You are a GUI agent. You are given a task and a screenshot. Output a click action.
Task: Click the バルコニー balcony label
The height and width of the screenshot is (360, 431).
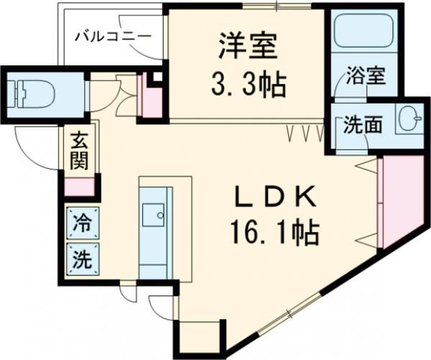[x=113, y=34]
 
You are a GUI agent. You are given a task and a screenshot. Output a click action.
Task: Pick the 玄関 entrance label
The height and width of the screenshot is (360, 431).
[x=78, y=149]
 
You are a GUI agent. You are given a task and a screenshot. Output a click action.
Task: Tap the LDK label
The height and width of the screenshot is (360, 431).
[x=274, y=195]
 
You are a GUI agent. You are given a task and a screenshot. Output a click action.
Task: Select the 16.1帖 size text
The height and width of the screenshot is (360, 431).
[x=274, y=231]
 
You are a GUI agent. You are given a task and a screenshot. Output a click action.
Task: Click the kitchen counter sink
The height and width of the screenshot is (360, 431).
[x=154, y=213]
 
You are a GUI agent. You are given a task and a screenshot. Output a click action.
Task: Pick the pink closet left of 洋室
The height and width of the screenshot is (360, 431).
[x=153, y=95]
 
